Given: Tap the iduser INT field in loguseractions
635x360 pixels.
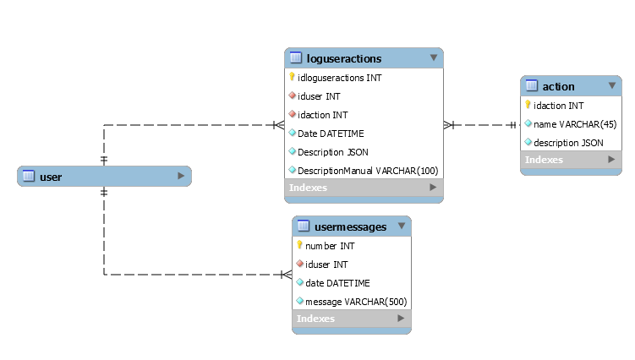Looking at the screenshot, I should tap(320, 96).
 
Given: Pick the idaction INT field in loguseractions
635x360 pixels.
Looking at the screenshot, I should tap(323, 115).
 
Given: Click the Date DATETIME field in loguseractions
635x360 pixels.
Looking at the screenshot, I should tap(329, 134).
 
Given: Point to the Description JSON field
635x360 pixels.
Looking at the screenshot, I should tap(332, 152).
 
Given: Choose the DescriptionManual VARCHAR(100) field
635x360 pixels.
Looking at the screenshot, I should tap(368, 171).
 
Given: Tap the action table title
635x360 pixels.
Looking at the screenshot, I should tap(558, 86).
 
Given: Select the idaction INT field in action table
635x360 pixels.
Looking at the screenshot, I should tap(559, 106).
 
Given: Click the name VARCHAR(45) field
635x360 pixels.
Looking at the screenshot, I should tap(568, 124).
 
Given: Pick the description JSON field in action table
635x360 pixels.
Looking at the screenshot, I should tap(568, 143).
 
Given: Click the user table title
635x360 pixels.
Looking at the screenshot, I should tap(51, 177).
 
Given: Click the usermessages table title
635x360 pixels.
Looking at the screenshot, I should tap(350, 226).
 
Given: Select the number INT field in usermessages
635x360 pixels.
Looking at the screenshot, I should tap(330, 246).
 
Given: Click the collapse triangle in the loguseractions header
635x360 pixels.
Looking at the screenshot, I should tap(434, 57).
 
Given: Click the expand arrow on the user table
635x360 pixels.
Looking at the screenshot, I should tap(181, 176).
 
